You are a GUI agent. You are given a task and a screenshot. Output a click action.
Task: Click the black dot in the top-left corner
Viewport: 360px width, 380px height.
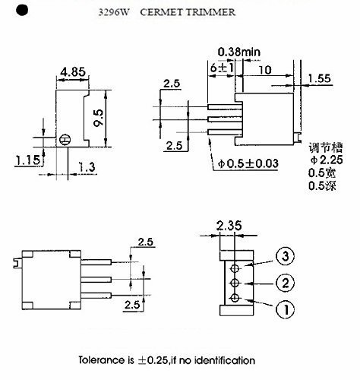tap(21, 11)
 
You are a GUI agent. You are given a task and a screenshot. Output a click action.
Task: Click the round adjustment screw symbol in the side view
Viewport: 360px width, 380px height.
tap(65, 140)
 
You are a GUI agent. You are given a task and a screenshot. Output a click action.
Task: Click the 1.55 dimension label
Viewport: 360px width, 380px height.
tap(323, 78)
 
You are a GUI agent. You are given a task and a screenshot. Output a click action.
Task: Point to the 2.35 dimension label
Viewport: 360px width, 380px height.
tap(229, 226)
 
